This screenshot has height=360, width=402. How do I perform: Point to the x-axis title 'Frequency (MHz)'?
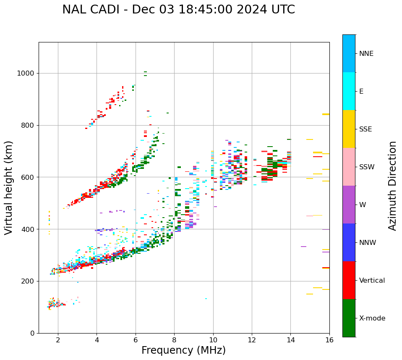point(183,350)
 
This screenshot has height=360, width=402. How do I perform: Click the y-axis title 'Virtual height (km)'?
point(9,188)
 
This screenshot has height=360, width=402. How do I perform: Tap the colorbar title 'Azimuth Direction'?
point(392,186)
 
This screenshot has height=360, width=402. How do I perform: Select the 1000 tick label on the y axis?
point(25,74)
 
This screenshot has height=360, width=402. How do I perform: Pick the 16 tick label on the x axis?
point(329,340)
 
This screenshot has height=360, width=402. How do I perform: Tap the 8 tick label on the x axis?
point(174,340)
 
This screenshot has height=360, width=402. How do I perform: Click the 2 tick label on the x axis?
point(58,340)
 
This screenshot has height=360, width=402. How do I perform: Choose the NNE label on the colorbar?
point(366,54)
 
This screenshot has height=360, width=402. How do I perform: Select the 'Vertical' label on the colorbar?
point(372,281)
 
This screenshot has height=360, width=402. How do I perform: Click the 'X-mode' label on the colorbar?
point(372,318)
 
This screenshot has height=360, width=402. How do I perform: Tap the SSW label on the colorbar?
point(366,167)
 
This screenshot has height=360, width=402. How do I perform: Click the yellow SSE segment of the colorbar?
point(349,129)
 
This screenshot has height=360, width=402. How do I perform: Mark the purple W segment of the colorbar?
point(349,205)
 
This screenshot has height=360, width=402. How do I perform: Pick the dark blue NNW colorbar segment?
point(349,242)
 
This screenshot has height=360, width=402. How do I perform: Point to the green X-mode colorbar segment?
point(349,318)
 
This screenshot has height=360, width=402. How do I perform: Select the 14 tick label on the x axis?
point(290,340)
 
